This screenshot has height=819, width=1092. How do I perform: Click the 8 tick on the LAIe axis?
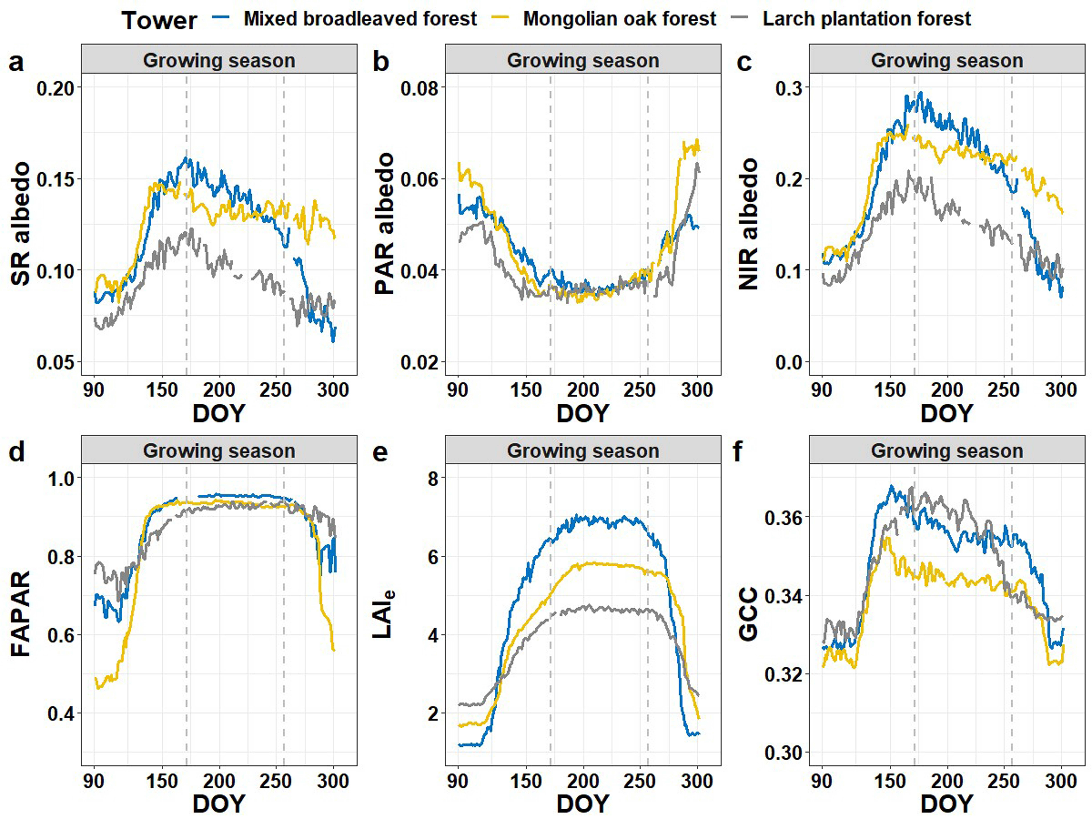[433, 478]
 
